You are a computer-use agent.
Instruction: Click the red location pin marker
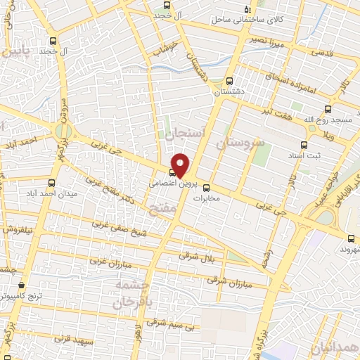tap(181, 165)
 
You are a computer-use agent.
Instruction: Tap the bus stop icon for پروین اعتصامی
tap(172, 172)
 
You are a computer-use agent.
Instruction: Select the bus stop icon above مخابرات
tap(205, 188)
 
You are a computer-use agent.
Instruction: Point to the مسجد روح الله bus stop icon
tap(328, 109)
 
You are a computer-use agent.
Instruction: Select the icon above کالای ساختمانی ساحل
tap(247, 9)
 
